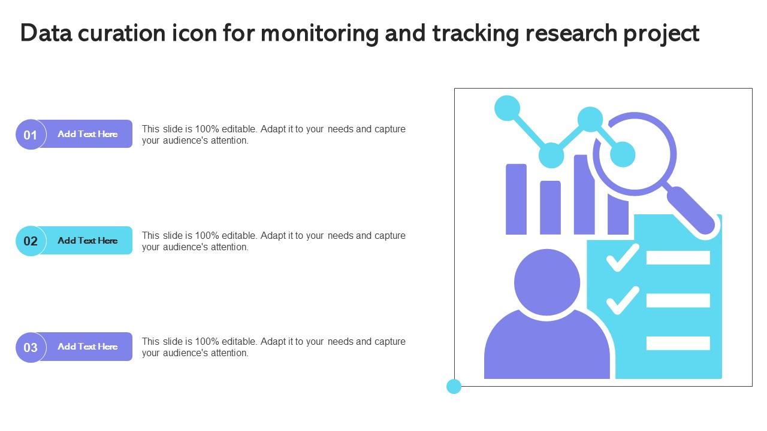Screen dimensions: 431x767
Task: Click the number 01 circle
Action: (31, 135)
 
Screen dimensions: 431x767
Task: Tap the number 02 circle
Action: (31, 241)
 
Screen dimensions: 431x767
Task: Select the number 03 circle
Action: (31, 347)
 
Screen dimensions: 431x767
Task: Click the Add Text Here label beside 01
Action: (87, 134)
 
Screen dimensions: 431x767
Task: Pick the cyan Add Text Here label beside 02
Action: (87, 241)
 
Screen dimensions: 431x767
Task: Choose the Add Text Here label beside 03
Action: (87, 347)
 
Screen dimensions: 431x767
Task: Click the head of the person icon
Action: (547, 282)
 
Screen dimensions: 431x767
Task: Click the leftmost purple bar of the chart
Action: (516, 199)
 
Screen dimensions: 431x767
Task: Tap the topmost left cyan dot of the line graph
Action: (508, 108)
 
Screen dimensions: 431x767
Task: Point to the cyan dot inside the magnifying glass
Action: (622, 154)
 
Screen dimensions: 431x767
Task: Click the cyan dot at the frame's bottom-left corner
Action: (454, 387)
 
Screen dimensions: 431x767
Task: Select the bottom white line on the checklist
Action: (678, 343)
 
